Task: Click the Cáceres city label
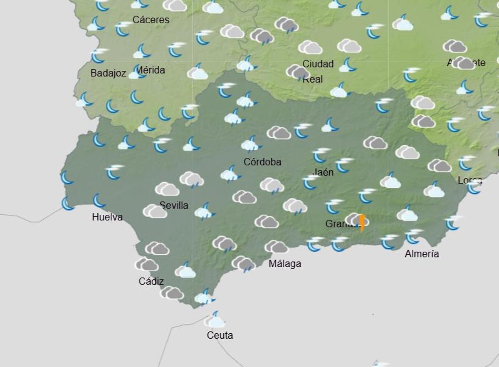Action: [151, 20]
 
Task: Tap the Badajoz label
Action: [108, 73]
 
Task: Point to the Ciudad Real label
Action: [318, 71]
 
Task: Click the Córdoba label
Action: [262, 162]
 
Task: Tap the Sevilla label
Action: [174, 205]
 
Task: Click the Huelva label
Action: [107, 217]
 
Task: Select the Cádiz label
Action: [151, 281]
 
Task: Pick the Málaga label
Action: [285, 263]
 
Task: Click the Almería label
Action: [422, 254]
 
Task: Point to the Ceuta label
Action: [220, 335]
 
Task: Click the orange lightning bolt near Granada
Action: [362, 222]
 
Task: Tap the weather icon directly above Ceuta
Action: [215, 320]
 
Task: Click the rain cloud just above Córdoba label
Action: [251, 144]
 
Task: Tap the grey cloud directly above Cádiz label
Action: [147, 264]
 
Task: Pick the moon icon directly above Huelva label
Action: [99, 200]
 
